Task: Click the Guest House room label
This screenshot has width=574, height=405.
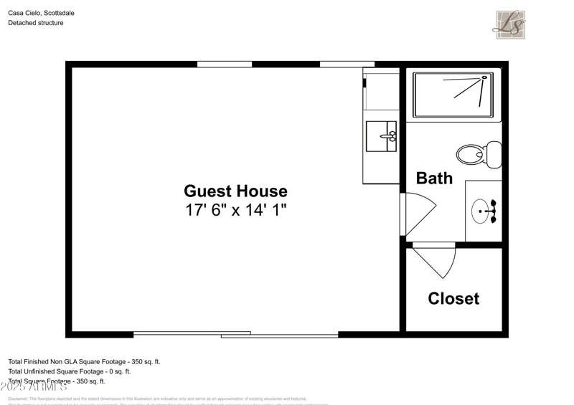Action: pyautogui.click(x=235, y=191)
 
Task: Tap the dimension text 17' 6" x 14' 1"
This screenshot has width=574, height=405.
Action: pyautogui.click(x=235, y=211)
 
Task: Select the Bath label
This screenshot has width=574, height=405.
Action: pyautogui.click(x=434, y=178)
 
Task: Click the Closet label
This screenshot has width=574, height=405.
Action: pyautogui.click(x=453, y=299)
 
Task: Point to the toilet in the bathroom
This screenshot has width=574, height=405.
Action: pyautogui.click(x=476, y=154)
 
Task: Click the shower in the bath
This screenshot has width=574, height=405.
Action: pyautogui.click(x=453, y=95)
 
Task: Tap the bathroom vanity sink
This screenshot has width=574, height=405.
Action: pyautogui.click(x=483, y=211)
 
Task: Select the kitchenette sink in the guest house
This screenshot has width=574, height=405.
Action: pyautogui.click(x=380, y=136)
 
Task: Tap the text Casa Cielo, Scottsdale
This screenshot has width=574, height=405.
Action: pyautogui.click(x=41, y=13)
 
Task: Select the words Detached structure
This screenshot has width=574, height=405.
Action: pyautogui.click(x=36, y=23)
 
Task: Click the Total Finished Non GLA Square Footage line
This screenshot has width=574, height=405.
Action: pyautogui.click(x=84, y=362)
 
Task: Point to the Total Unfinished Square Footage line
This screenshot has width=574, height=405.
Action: pyautogui.click(x=70, y=371)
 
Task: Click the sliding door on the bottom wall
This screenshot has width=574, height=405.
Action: pyautogui.click(x=235, y=334)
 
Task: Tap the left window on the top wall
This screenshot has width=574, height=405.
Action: pyautogui.click(x=225, y=65)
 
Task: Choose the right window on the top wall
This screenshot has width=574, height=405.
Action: pyautogui.click(x=347, y=65)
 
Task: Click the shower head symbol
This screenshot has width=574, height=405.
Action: pyautogui.click(x=484, y=77)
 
